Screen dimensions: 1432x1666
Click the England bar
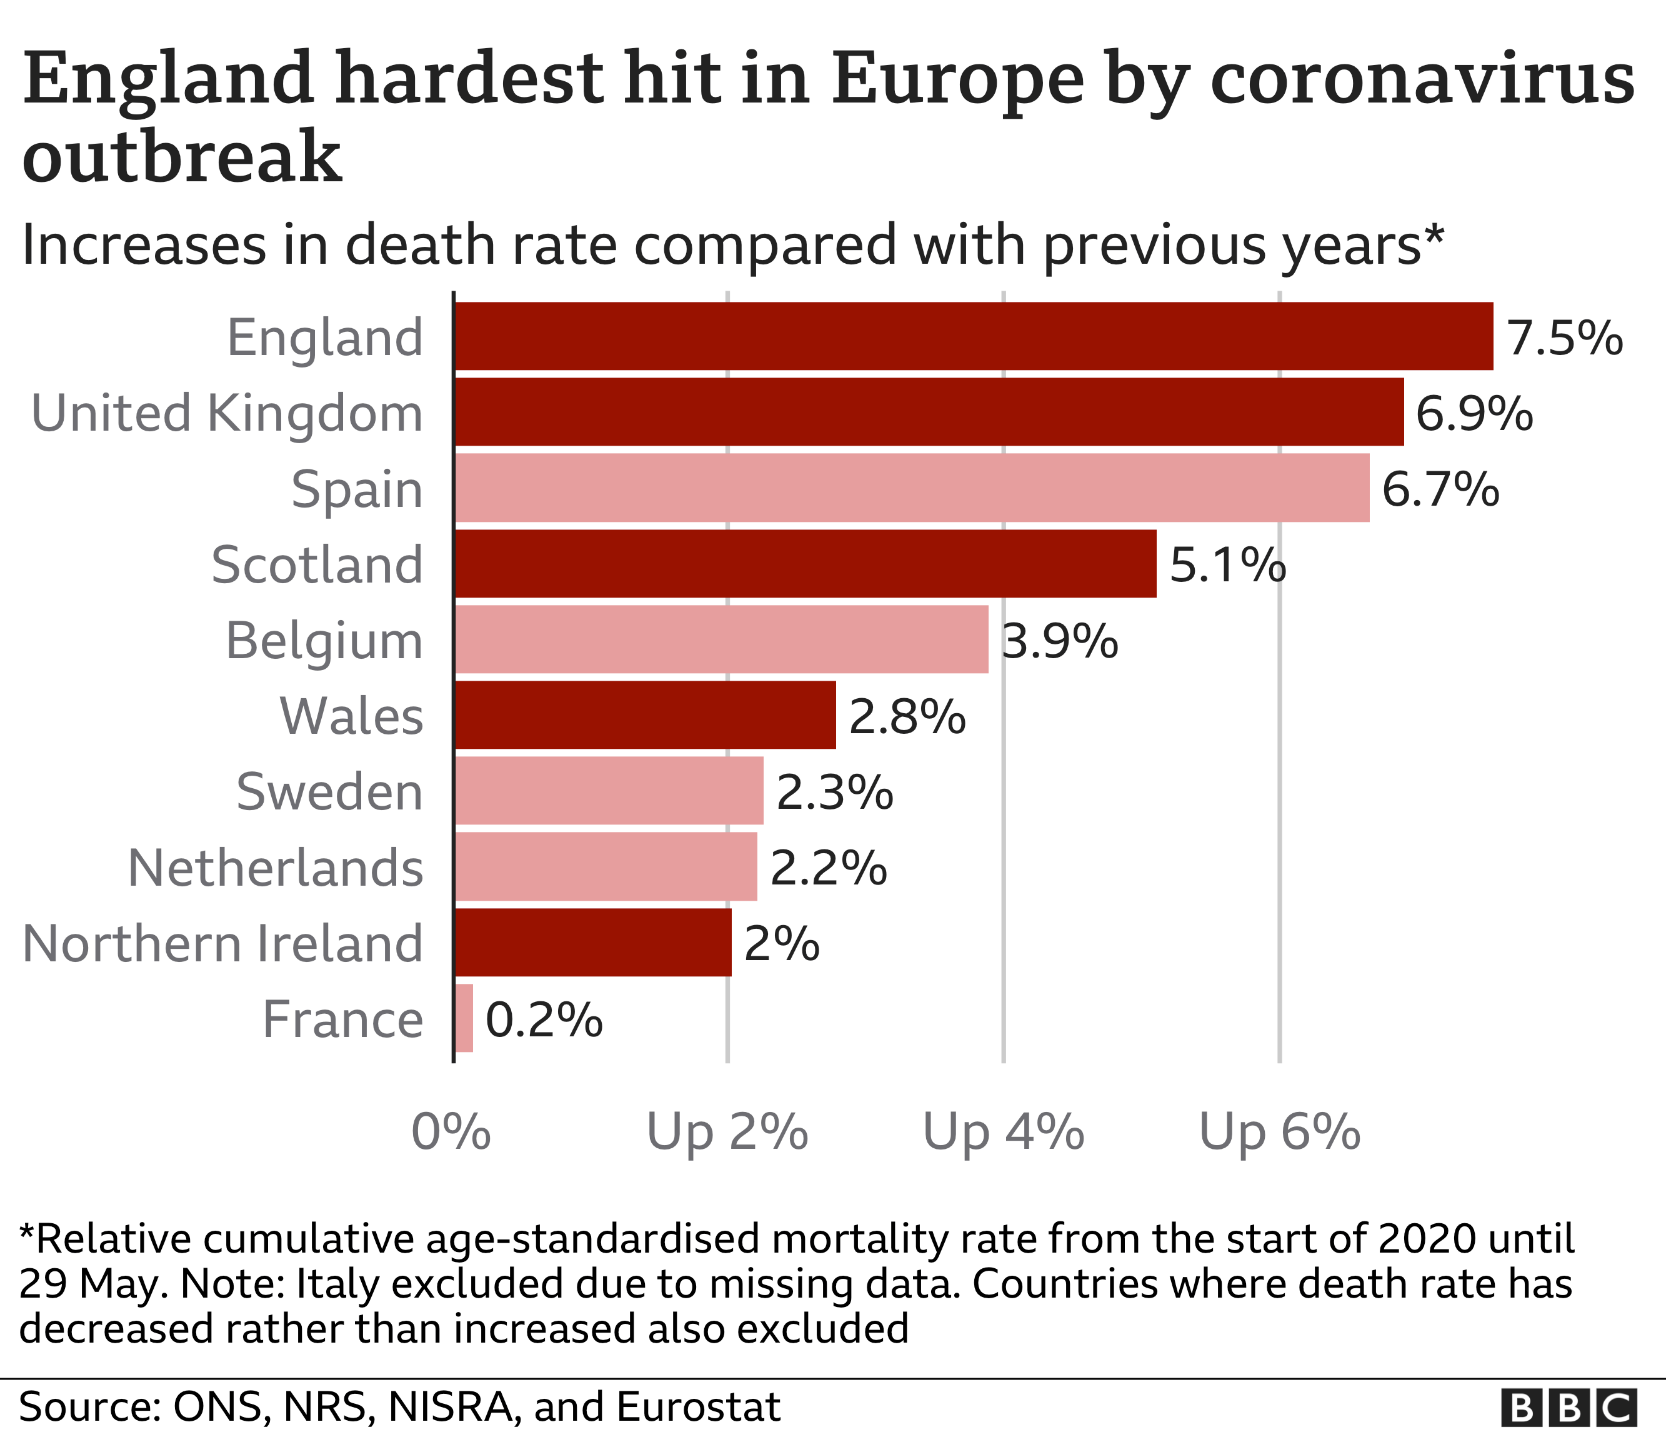click(973, 336)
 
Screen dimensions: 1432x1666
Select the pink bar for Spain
click(912, 488)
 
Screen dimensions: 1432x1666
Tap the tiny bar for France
click(464, 1019)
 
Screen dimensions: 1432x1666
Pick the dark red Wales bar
click(645, 715)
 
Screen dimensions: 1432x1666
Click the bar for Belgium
click(721, 639)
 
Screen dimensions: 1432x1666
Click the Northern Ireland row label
click(222, 943)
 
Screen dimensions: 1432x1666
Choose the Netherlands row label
click(275, 868)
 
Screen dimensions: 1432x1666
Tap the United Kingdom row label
click(227, 413)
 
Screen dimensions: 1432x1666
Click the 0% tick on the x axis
click(451, 1132)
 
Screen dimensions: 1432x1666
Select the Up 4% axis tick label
click(1004, 1132)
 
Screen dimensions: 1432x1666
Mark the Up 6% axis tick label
click(1279, 1132)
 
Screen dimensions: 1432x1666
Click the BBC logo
click(1569, 1408)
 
